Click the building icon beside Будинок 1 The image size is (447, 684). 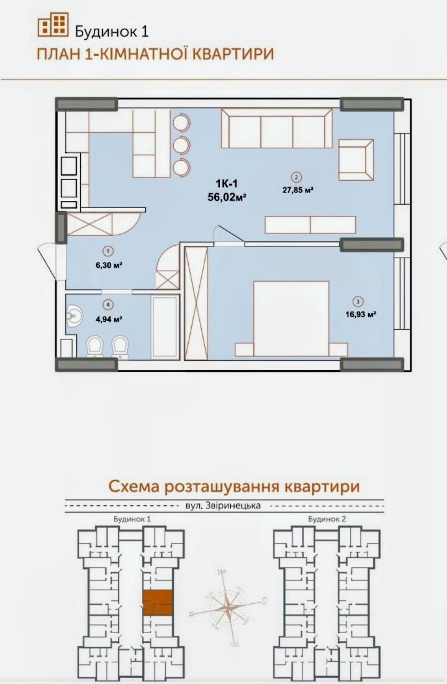[x=53, y=25]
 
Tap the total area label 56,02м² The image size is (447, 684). [x=227, y=197]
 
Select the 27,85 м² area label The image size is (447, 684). [x=297, y=190]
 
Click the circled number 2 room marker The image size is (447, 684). [x=297, y=176]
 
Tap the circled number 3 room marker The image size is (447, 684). [x=358, y=302]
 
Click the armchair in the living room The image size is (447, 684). [x=356, y=159]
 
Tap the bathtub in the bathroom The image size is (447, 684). [x=165, y=327]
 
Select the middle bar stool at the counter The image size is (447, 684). [x=181, y=145]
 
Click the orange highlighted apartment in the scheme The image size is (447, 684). [x=158, y=602]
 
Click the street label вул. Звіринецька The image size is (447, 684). [x=223, y=505]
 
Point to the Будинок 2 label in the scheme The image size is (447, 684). [x=326, y=518]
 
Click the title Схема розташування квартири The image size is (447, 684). [x=234, y=485]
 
